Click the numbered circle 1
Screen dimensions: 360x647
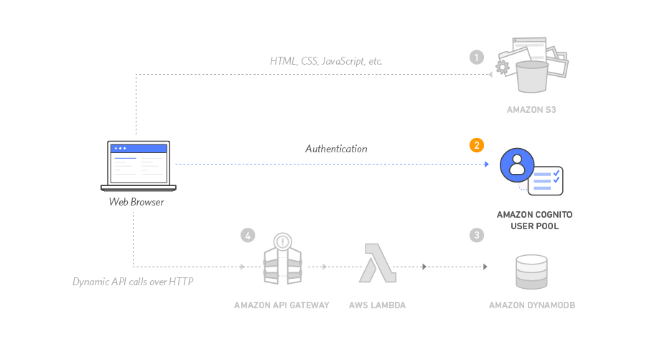pyautogui.click(x=475, y=57)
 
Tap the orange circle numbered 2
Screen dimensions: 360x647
pyautogui.click(x=475, y=146)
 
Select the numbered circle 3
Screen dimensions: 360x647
pyautogui.click(x=475, y=235)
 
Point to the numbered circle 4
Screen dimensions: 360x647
pyautogui.click(x=247, y=235)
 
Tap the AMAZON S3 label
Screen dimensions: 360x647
pyautogui.click(x=531, y=110)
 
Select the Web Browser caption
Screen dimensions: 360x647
pyautogui.click(x=136, y=202)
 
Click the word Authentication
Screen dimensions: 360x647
pyautogui.click(x=336, y=149)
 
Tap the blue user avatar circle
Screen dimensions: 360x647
pyautogui.click(x=516, y=165)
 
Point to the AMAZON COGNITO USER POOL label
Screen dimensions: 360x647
pyautogui.click(x=534, y=220)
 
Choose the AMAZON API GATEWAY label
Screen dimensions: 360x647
pyautogui.click(x=281, y=305)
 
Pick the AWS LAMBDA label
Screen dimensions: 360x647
pyautogui.click(x=377, y=305)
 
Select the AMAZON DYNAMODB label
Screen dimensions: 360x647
pyautogui.click(x=531, y=305)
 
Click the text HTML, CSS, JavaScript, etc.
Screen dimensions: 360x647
pyautogui.click(x=326, y=61)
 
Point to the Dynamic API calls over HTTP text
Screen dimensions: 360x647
pyautogui.click(x=133, y=282)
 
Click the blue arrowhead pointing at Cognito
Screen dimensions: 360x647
pyautogui.click(x=487, y=165)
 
